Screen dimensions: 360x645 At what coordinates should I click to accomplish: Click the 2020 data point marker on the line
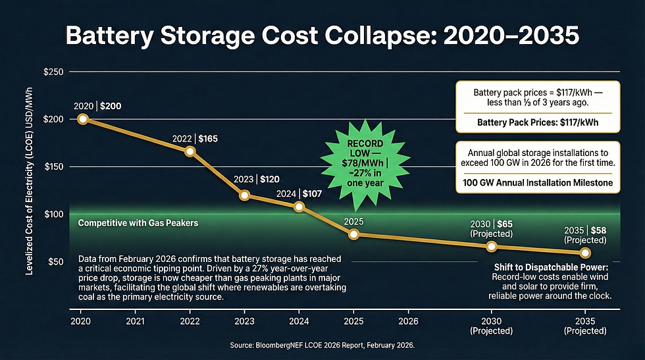click(x=83, y=119)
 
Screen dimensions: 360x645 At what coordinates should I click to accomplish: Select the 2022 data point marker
click(x=190, y=151)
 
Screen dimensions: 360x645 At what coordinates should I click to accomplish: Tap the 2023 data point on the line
click(x=244, y=195)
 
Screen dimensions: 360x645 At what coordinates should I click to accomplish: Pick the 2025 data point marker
click(x=353, y=234)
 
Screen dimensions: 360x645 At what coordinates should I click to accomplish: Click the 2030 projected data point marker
click(x=491, y=247)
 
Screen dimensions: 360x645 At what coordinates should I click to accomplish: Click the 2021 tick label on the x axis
click(x=136, y=321)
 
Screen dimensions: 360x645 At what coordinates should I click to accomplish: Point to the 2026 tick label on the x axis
click(x=407, y=321)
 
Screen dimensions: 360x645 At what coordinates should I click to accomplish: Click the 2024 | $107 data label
click(x=299, y=193)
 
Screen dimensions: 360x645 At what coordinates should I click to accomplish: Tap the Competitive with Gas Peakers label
click(x=138, y=223)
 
